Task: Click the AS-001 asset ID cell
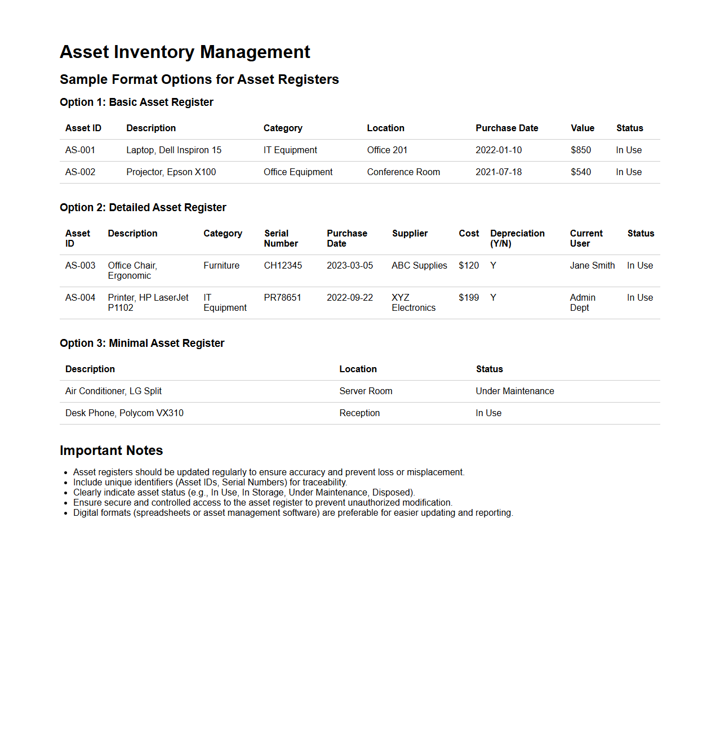[x=80, y=150]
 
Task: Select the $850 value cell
[x=580, y=150]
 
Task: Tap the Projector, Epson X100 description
[x=171, y=172]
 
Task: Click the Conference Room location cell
[x=403, y=172]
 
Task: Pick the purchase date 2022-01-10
[x=498, y=150]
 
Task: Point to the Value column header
[x=582, y=128]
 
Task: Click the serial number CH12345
[x=282, y=266]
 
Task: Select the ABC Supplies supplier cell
[x=419, y=266]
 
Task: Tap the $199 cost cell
[x=468, y=298]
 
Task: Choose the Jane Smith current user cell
[x=592, y=266]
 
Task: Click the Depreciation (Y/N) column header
[x=517, y=239]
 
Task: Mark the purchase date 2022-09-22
[x=349, y=298]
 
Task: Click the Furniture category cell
[x=221, y=266]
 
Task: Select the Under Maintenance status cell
[x=514, y=391]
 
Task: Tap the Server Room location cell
[x=366, y=391]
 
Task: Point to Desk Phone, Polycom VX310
[x=124, y=413]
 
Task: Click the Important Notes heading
[x=111, y=450]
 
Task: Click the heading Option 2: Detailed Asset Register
[x=143, y=208]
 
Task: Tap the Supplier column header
[x=410, y=234]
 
